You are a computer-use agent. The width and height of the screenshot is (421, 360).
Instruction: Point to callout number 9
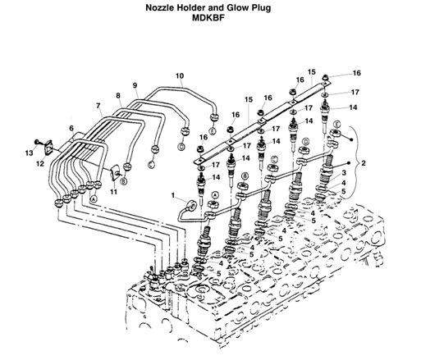(x=135, y=86)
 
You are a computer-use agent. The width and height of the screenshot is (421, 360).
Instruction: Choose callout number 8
(x=118, y=96)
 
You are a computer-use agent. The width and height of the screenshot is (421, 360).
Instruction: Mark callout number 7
(x=98, y=106)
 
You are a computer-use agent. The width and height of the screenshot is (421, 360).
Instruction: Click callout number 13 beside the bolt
(x=29, y=153)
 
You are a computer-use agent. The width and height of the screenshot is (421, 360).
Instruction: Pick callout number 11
(x=114, y=190)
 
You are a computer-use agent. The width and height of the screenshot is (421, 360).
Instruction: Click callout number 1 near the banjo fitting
(x=174, y=195)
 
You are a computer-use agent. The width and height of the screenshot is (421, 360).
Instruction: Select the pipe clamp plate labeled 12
(x=52, y=149)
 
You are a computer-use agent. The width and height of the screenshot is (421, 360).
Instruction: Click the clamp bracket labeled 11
(x=117, y=172)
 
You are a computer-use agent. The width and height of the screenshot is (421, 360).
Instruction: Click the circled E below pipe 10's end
(x=212, y=131)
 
